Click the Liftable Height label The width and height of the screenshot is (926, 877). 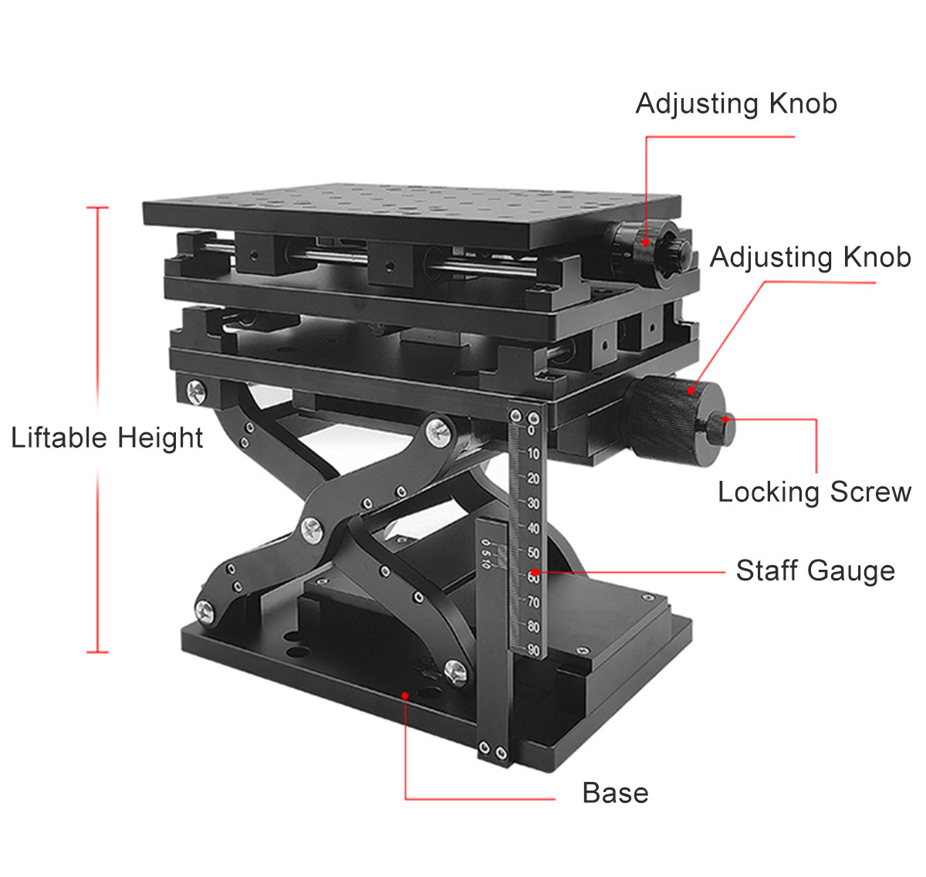pos(107,438)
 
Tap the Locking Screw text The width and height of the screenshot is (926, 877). pos(814,492)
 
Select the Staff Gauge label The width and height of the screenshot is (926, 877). pos(816,571)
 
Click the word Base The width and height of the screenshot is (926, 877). pos(615,793)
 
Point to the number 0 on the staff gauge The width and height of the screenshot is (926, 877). pos(532,430)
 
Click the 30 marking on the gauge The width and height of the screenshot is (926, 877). pos(532,503)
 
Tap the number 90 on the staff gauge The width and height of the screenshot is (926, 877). pos(533,650)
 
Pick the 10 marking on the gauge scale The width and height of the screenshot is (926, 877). pos(532,454)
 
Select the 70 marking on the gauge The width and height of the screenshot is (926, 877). pos(533,602)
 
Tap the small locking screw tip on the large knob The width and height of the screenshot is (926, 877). pos(721,428)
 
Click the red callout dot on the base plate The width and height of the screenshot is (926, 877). pos(404,696)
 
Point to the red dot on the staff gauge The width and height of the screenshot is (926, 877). pos(535,572)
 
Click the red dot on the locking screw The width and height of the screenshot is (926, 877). pos(726,419)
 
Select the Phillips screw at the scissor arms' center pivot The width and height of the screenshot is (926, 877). pos(312,530)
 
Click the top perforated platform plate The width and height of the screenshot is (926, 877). pos(412,215)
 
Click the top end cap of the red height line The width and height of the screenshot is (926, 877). pos(97,208)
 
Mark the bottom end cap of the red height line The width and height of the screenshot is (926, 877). pos(97,652)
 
